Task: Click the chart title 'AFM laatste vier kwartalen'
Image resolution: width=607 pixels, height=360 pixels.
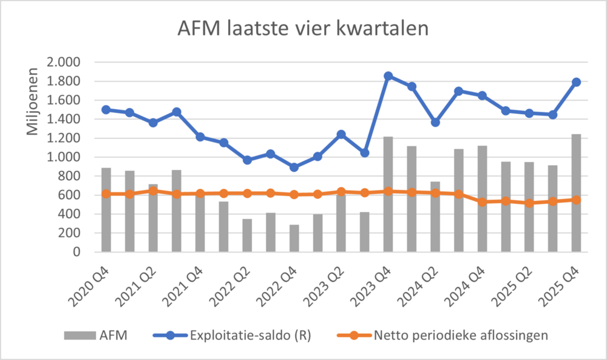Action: (x=303, y=29)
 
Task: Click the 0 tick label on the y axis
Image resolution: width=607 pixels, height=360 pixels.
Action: (x=76, y=252)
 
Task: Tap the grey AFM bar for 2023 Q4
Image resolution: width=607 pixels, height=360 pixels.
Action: (x=388, y=194)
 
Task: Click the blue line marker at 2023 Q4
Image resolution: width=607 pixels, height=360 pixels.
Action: (x=388, y=76)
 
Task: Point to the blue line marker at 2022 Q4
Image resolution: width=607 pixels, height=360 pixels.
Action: (x=294, y=167)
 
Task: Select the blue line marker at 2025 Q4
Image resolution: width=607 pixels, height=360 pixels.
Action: (x=576, y=82)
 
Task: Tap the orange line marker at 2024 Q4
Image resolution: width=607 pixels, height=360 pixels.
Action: (x=482, y=202)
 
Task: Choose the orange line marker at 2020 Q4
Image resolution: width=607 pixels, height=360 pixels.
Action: (x=106, y=194)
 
